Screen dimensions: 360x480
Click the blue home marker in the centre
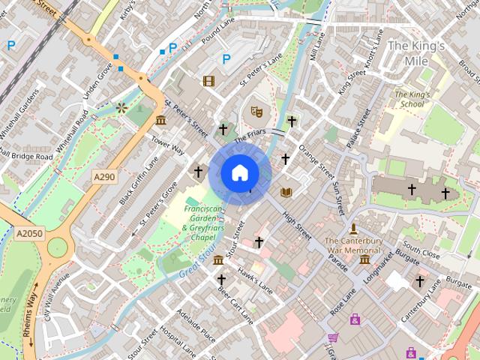[239, 173]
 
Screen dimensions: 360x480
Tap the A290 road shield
[104, 176]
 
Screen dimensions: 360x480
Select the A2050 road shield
[30, 234]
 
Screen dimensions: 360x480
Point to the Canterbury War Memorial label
[354, 245]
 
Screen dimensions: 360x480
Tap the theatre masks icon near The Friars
[256, 112]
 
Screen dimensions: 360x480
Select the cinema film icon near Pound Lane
[208, 81]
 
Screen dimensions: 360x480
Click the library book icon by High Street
[286, 193]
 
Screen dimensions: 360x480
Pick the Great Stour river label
[197, 259]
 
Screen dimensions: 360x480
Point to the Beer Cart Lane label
[235, 304]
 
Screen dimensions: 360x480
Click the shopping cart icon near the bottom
[333, 338]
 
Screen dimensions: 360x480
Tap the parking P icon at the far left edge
[10, 46]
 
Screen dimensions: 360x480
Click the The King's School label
[412, 100]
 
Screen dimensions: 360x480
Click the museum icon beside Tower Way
[160, 121]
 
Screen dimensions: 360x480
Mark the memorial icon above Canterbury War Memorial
[353, 228]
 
